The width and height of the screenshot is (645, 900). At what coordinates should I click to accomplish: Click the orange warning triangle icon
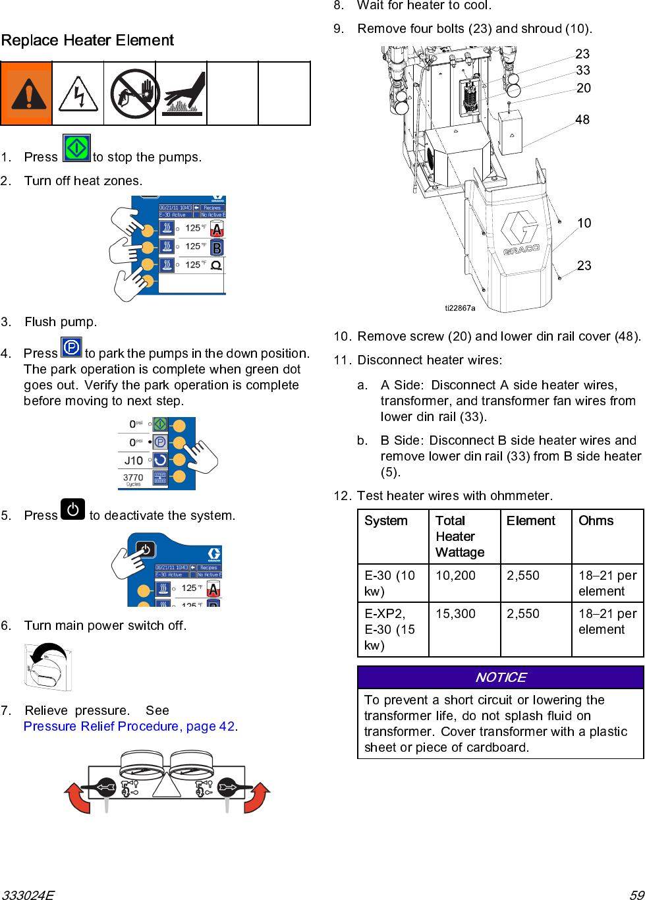click(x=26, y=94)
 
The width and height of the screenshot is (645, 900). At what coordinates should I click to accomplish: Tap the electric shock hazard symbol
click(x=78, y=94)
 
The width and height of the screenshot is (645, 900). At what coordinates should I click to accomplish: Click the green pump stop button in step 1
click(x=76, y=148)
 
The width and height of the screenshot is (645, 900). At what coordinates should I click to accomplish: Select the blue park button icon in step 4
click(x=71, y=347)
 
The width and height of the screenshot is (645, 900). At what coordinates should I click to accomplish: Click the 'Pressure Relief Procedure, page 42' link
click(x=130, y=726)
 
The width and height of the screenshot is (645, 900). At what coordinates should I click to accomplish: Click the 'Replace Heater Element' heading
click(x=88, y=40)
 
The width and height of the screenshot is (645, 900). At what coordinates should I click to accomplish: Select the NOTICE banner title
click(x=501, y=677)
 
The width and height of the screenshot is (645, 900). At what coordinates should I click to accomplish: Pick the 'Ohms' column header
click(x=596, y=520)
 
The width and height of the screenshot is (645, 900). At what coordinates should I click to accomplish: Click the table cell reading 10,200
click(x=455, y=575)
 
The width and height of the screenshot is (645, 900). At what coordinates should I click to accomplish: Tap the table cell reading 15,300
click(x=455, y=613)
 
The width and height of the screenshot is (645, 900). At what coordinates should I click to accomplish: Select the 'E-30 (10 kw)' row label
click(x=390, y=583)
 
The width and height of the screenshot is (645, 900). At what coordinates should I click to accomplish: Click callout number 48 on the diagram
click(x=582, y=120)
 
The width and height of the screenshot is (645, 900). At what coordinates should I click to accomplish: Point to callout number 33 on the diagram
click(x=582, y=70)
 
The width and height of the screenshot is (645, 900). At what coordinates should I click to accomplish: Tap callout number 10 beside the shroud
click(x=584, y=223)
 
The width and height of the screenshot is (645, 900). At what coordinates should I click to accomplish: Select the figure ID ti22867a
click(x=460, y=308)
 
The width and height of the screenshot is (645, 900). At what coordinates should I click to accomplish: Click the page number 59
click(x=636, y=895)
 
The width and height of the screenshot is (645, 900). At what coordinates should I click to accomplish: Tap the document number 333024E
click(x=28, y=895)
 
